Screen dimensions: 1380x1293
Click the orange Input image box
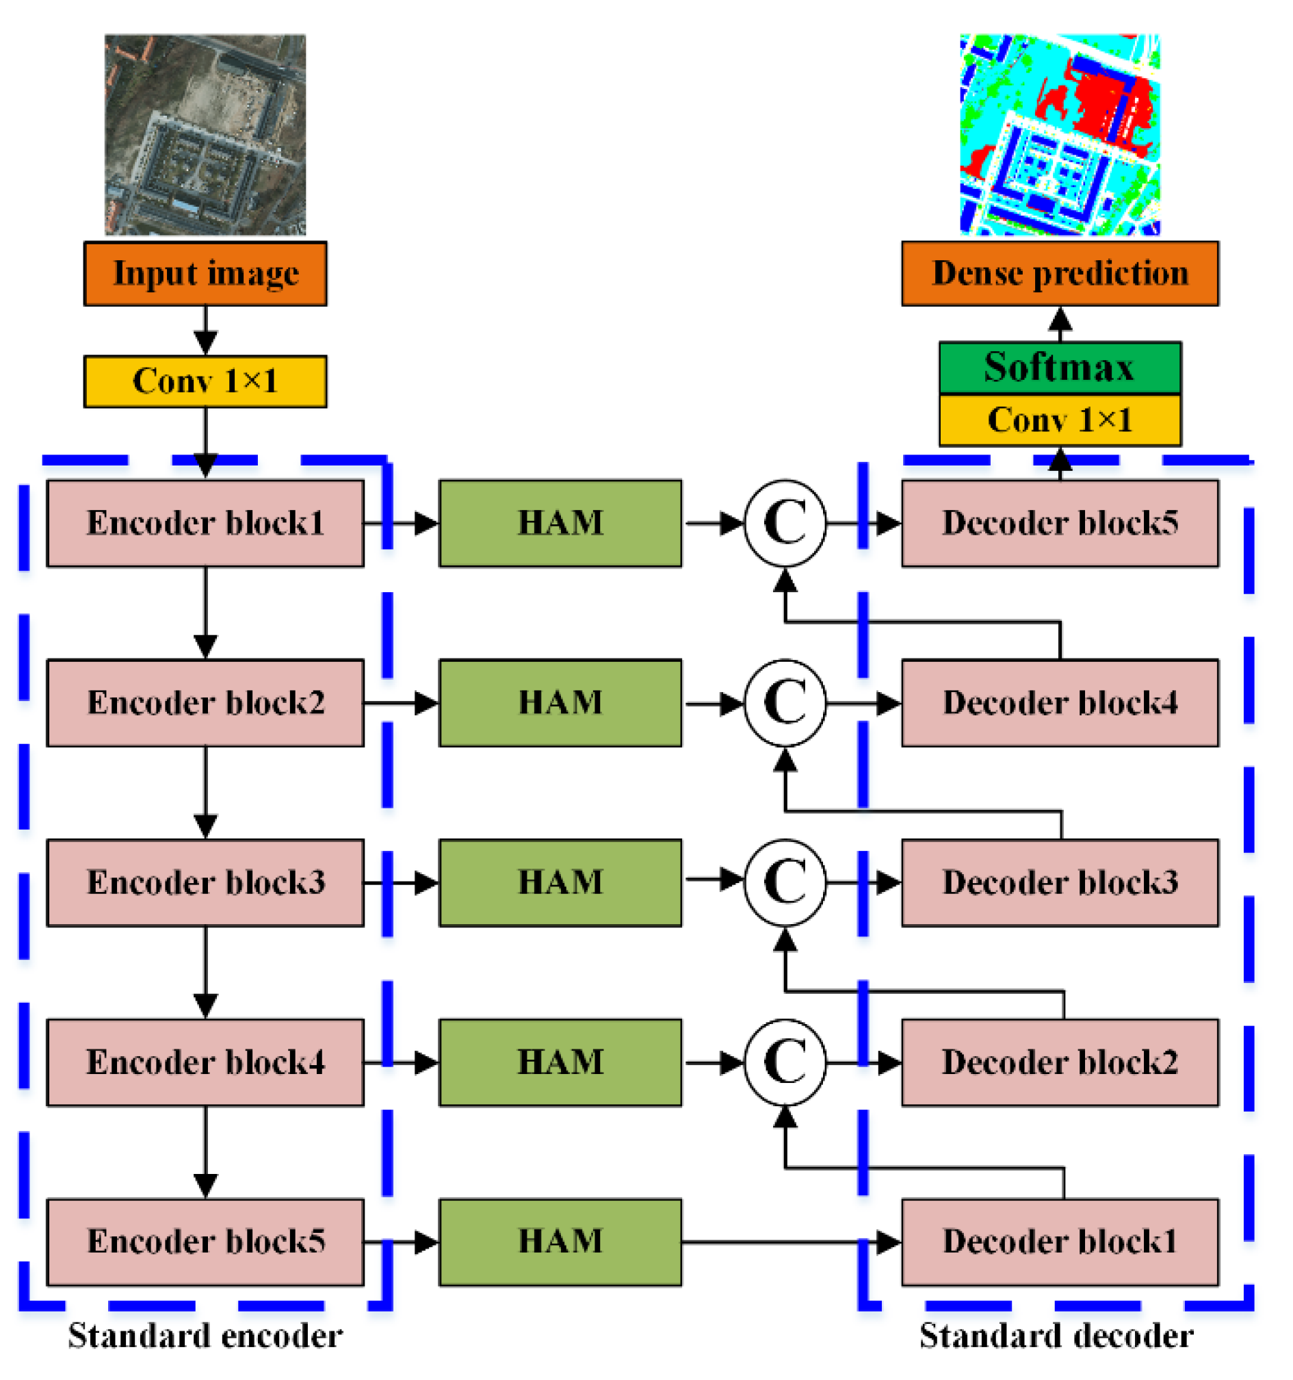tap(205, 274)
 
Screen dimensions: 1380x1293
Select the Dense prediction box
tap(1059, 274)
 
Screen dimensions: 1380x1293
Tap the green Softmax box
tap(1059, 368)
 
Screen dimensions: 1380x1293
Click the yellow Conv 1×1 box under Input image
tap(205, 381)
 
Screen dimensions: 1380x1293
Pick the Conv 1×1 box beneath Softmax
tap(1059, 420)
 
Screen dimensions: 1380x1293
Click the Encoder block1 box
tap(205, 524)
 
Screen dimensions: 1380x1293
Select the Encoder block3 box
tap(205, 882)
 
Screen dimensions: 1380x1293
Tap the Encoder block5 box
tap(205, 1242)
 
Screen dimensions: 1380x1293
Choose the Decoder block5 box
tap(1059, 524)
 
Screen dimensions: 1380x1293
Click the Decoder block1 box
tap(1059, 1242)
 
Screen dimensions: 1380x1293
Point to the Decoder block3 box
tap(1059, 882)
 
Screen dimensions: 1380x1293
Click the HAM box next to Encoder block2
tap(560, 702)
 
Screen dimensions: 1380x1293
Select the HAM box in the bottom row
tap(560, 1242)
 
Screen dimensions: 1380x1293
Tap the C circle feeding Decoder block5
tap(785, 524)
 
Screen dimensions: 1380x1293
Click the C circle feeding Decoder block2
tap(785, 1062)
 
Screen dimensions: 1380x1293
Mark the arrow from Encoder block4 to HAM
tap(401, 1062)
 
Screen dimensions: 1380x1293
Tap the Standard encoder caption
tap(205, 1336)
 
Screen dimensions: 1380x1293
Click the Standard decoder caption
tap(1056, 1336)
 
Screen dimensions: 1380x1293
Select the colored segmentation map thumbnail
tap(1059, 135)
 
